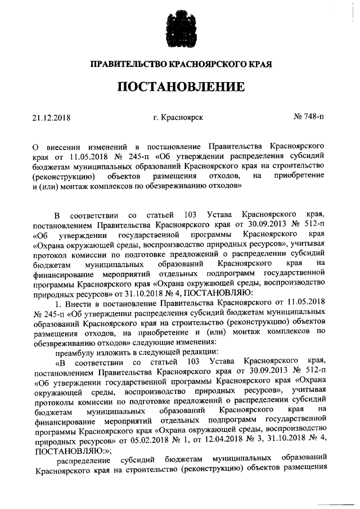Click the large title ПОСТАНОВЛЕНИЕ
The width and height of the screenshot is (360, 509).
coord(180,87)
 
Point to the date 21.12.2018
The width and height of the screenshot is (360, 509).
coord(54,118)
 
